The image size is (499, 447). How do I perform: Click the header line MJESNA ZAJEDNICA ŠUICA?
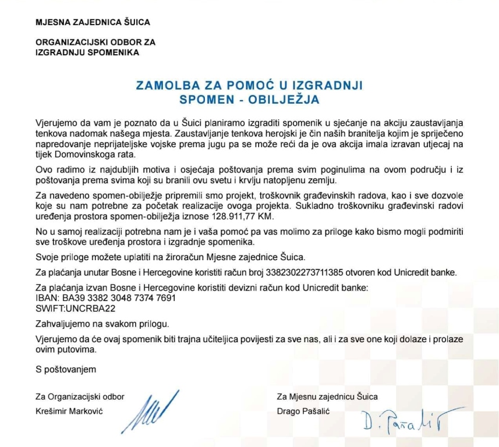[93, 23]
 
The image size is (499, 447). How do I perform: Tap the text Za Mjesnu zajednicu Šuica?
[327, 396]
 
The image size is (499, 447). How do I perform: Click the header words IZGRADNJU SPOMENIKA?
[87, 52]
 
